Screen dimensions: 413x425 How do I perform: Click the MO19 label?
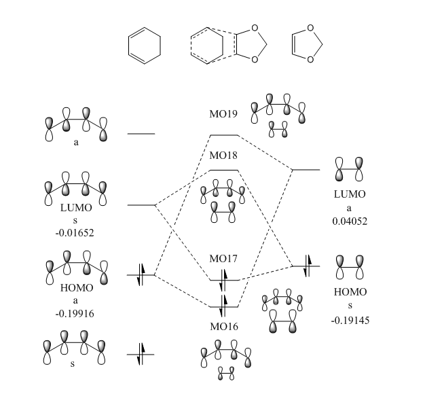click(x=223, y=113)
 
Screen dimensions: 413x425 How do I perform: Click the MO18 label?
click(x=223, y=156)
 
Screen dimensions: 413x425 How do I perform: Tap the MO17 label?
click(x=223, y=259)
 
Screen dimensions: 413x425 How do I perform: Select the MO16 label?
click(x=223, y=326)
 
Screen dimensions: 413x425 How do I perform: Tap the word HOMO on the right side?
click(x=350, y=292)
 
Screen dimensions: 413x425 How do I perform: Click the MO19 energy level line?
click(x=224, y=135)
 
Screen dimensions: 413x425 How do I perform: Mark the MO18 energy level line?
click(x=224, y=169)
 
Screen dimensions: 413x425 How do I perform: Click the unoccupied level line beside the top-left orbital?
click(x=141, y=134)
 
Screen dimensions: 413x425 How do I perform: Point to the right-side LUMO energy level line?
click(x=306, y=169)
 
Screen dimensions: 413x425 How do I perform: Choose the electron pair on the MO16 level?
click(x=224, y=301)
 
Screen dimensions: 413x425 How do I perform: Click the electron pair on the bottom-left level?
click(x=141, y=353)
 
